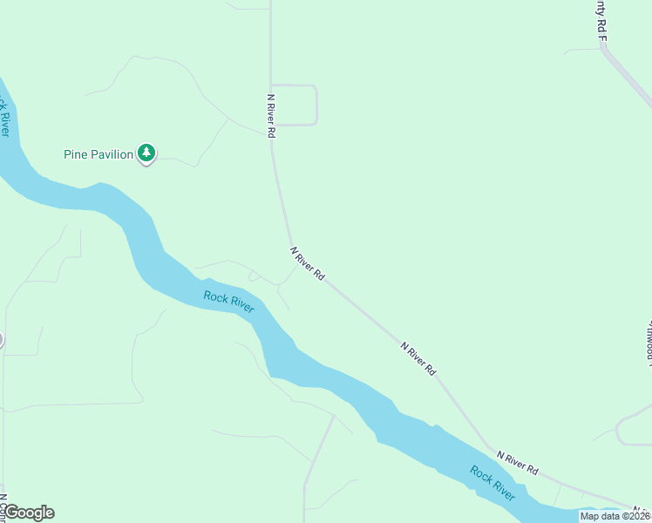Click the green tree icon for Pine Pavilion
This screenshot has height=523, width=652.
[x=147, y=154]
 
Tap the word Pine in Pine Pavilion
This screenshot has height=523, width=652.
[x=77, y=155]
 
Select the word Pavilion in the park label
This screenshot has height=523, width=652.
[x=112, y=155]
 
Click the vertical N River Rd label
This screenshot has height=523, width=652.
[x=271, y=117]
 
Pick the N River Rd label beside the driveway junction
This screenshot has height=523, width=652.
[x=308, y=262]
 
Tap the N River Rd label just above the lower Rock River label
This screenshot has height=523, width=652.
[x=517, y=462]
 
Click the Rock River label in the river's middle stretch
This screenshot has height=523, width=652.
[x=229, y=302]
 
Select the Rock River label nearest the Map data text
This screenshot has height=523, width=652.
[x=492, y=484]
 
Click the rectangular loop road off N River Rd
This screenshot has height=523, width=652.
[x=315, y=105]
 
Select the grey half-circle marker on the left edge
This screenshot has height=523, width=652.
[x=2, y=339]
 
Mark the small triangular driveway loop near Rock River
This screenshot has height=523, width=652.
[x=254, y=276]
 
